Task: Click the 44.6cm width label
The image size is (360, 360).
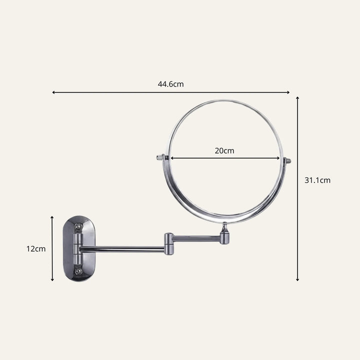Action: tap(170, 84)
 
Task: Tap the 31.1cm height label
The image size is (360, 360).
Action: tap(317, 180)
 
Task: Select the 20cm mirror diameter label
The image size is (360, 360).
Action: tap(224, 151)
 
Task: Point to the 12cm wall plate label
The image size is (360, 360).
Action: tap(36, 249)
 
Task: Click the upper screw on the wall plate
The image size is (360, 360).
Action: tap(79, 227)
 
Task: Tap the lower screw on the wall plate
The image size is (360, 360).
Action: tap(78, 271)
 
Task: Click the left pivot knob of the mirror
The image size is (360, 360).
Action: tap(160, 157)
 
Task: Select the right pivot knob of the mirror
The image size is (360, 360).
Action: tap(287, 160)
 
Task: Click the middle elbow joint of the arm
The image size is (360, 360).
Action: tap(169, 244)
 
